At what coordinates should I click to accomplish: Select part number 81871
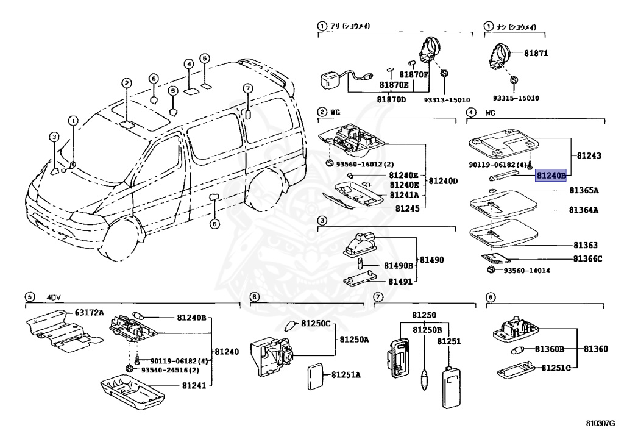coord(536,53)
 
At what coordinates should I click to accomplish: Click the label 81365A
coord(584,190)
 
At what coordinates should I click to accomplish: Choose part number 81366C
coord(587,258)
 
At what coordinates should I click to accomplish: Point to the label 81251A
coord(346,374)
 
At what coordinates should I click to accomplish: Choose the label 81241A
coord(403,195)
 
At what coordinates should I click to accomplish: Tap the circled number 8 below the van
coord(214,224)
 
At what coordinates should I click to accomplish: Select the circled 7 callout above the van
coord(247,88)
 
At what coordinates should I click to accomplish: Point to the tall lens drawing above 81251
coord(452,386)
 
